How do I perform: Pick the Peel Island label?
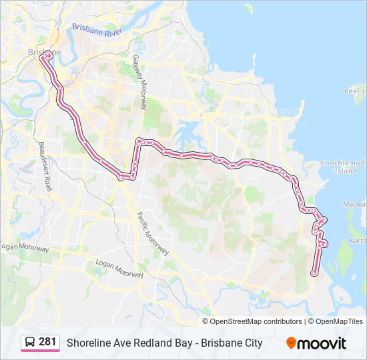click(x=354, y=90)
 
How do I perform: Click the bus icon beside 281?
click(x=30, y=343)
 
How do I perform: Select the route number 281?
click(x=47, y=342)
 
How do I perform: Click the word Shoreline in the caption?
click(x=88, y=343)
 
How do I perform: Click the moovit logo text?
click(x=322, y=343)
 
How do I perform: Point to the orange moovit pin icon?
click(x=291, y=343)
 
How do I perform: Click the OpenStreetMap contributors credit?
click(x=256, y=321)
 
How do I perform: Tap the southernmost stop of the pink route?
click(x=314, y=273)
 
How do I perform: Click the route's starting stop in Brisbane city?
click(x=43, y=57)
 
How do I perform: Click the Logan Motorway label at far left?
click(x=25, y=248)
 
